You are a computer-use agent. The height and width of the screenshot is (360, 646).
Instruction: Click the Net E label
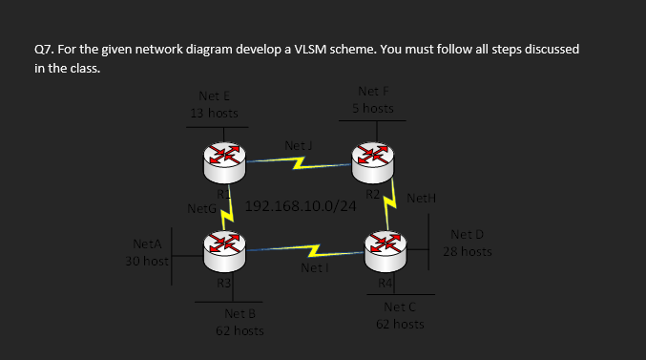coord(214,95)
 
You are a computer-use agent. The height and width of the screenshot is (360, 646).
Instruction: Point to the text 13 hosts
coord(214,113)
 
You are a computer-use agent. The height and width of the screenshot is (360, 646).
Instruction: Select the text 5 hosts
coord(372,109)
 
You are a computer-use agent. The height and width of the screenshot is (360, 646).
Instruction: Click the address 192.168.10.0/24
coord(301,206)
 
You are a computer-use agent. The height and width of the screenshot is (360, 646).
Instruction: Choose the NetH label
coord(421,199)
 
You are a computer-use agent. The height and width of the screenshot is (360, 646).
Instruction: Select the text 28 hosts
coord(468,252)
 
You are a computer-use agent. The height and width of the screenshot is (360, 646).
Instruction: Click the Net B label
coord(240,313)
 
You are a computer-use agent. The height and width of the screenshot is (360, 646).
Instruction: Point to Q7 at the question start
coord(44,49)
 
